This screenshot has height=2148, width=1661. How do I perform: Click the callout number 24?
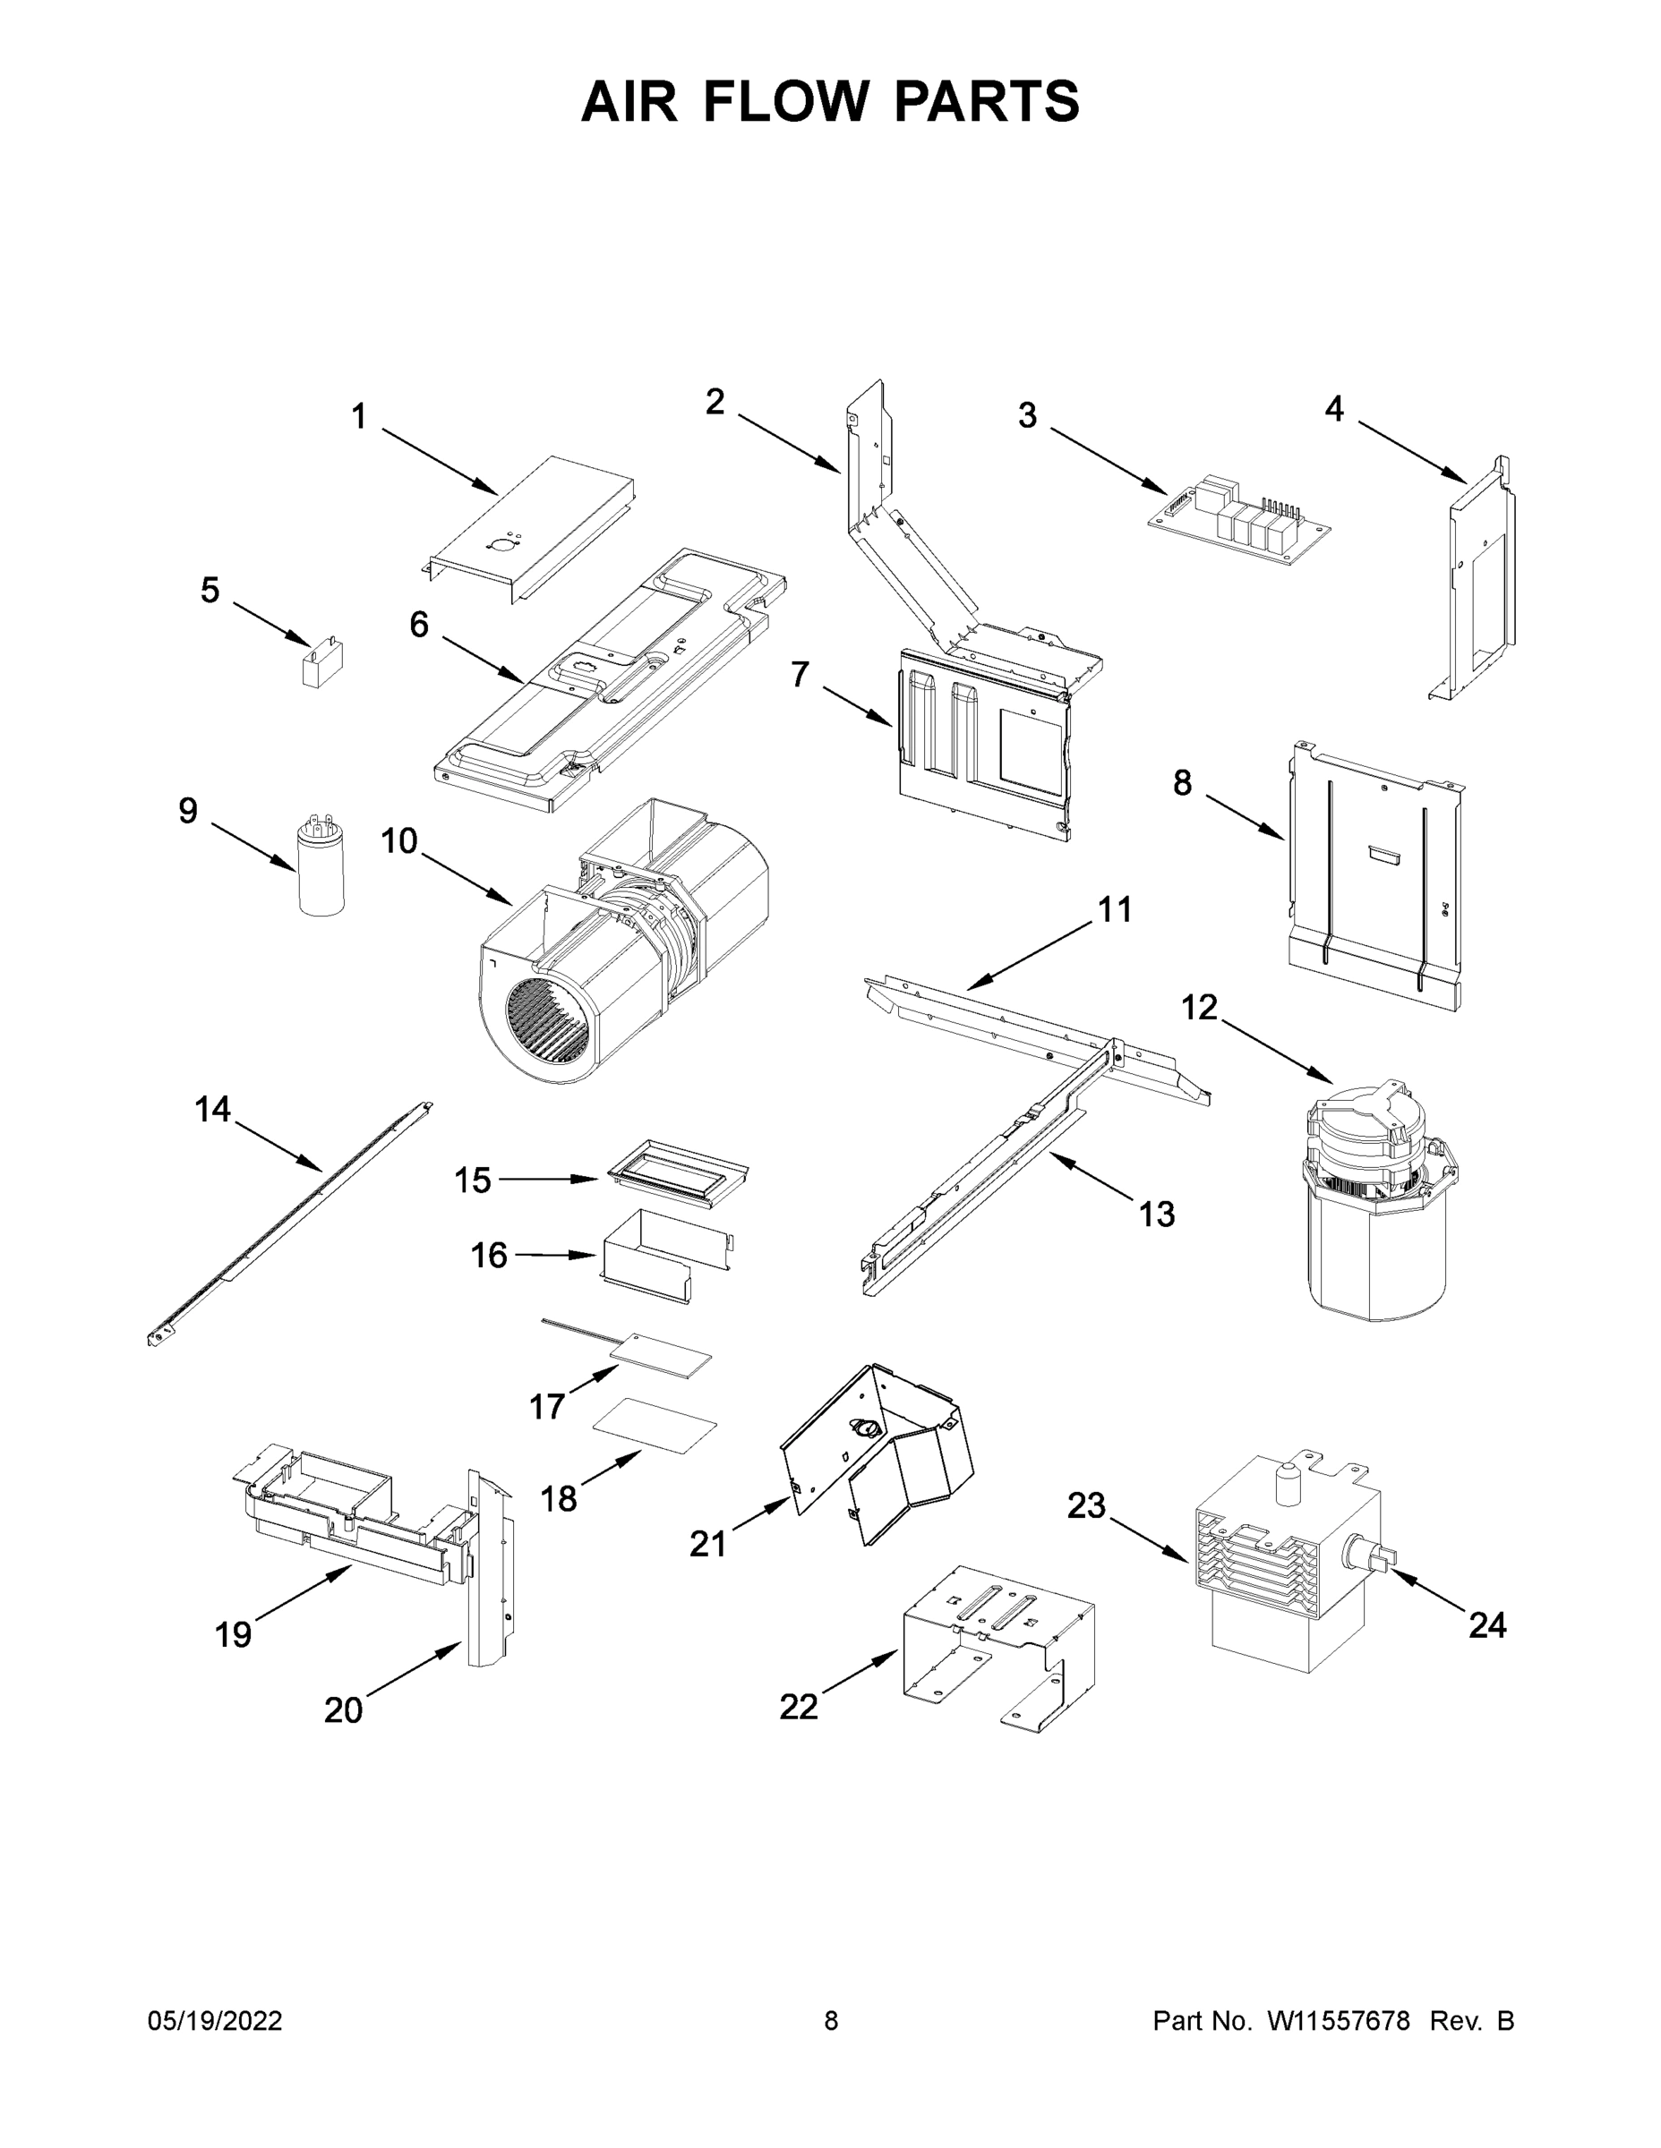[1486, 1624]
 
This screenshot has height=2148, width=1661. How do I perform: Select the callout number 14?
[212, 1110]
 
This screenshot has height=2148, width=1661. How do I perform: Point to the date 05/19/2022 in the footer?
[215, 2021]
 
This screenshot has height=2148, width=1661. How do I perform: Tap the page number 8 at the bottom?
[831, 2021]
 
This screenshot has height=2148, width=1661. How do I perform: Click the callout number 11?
[1115, 909]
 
